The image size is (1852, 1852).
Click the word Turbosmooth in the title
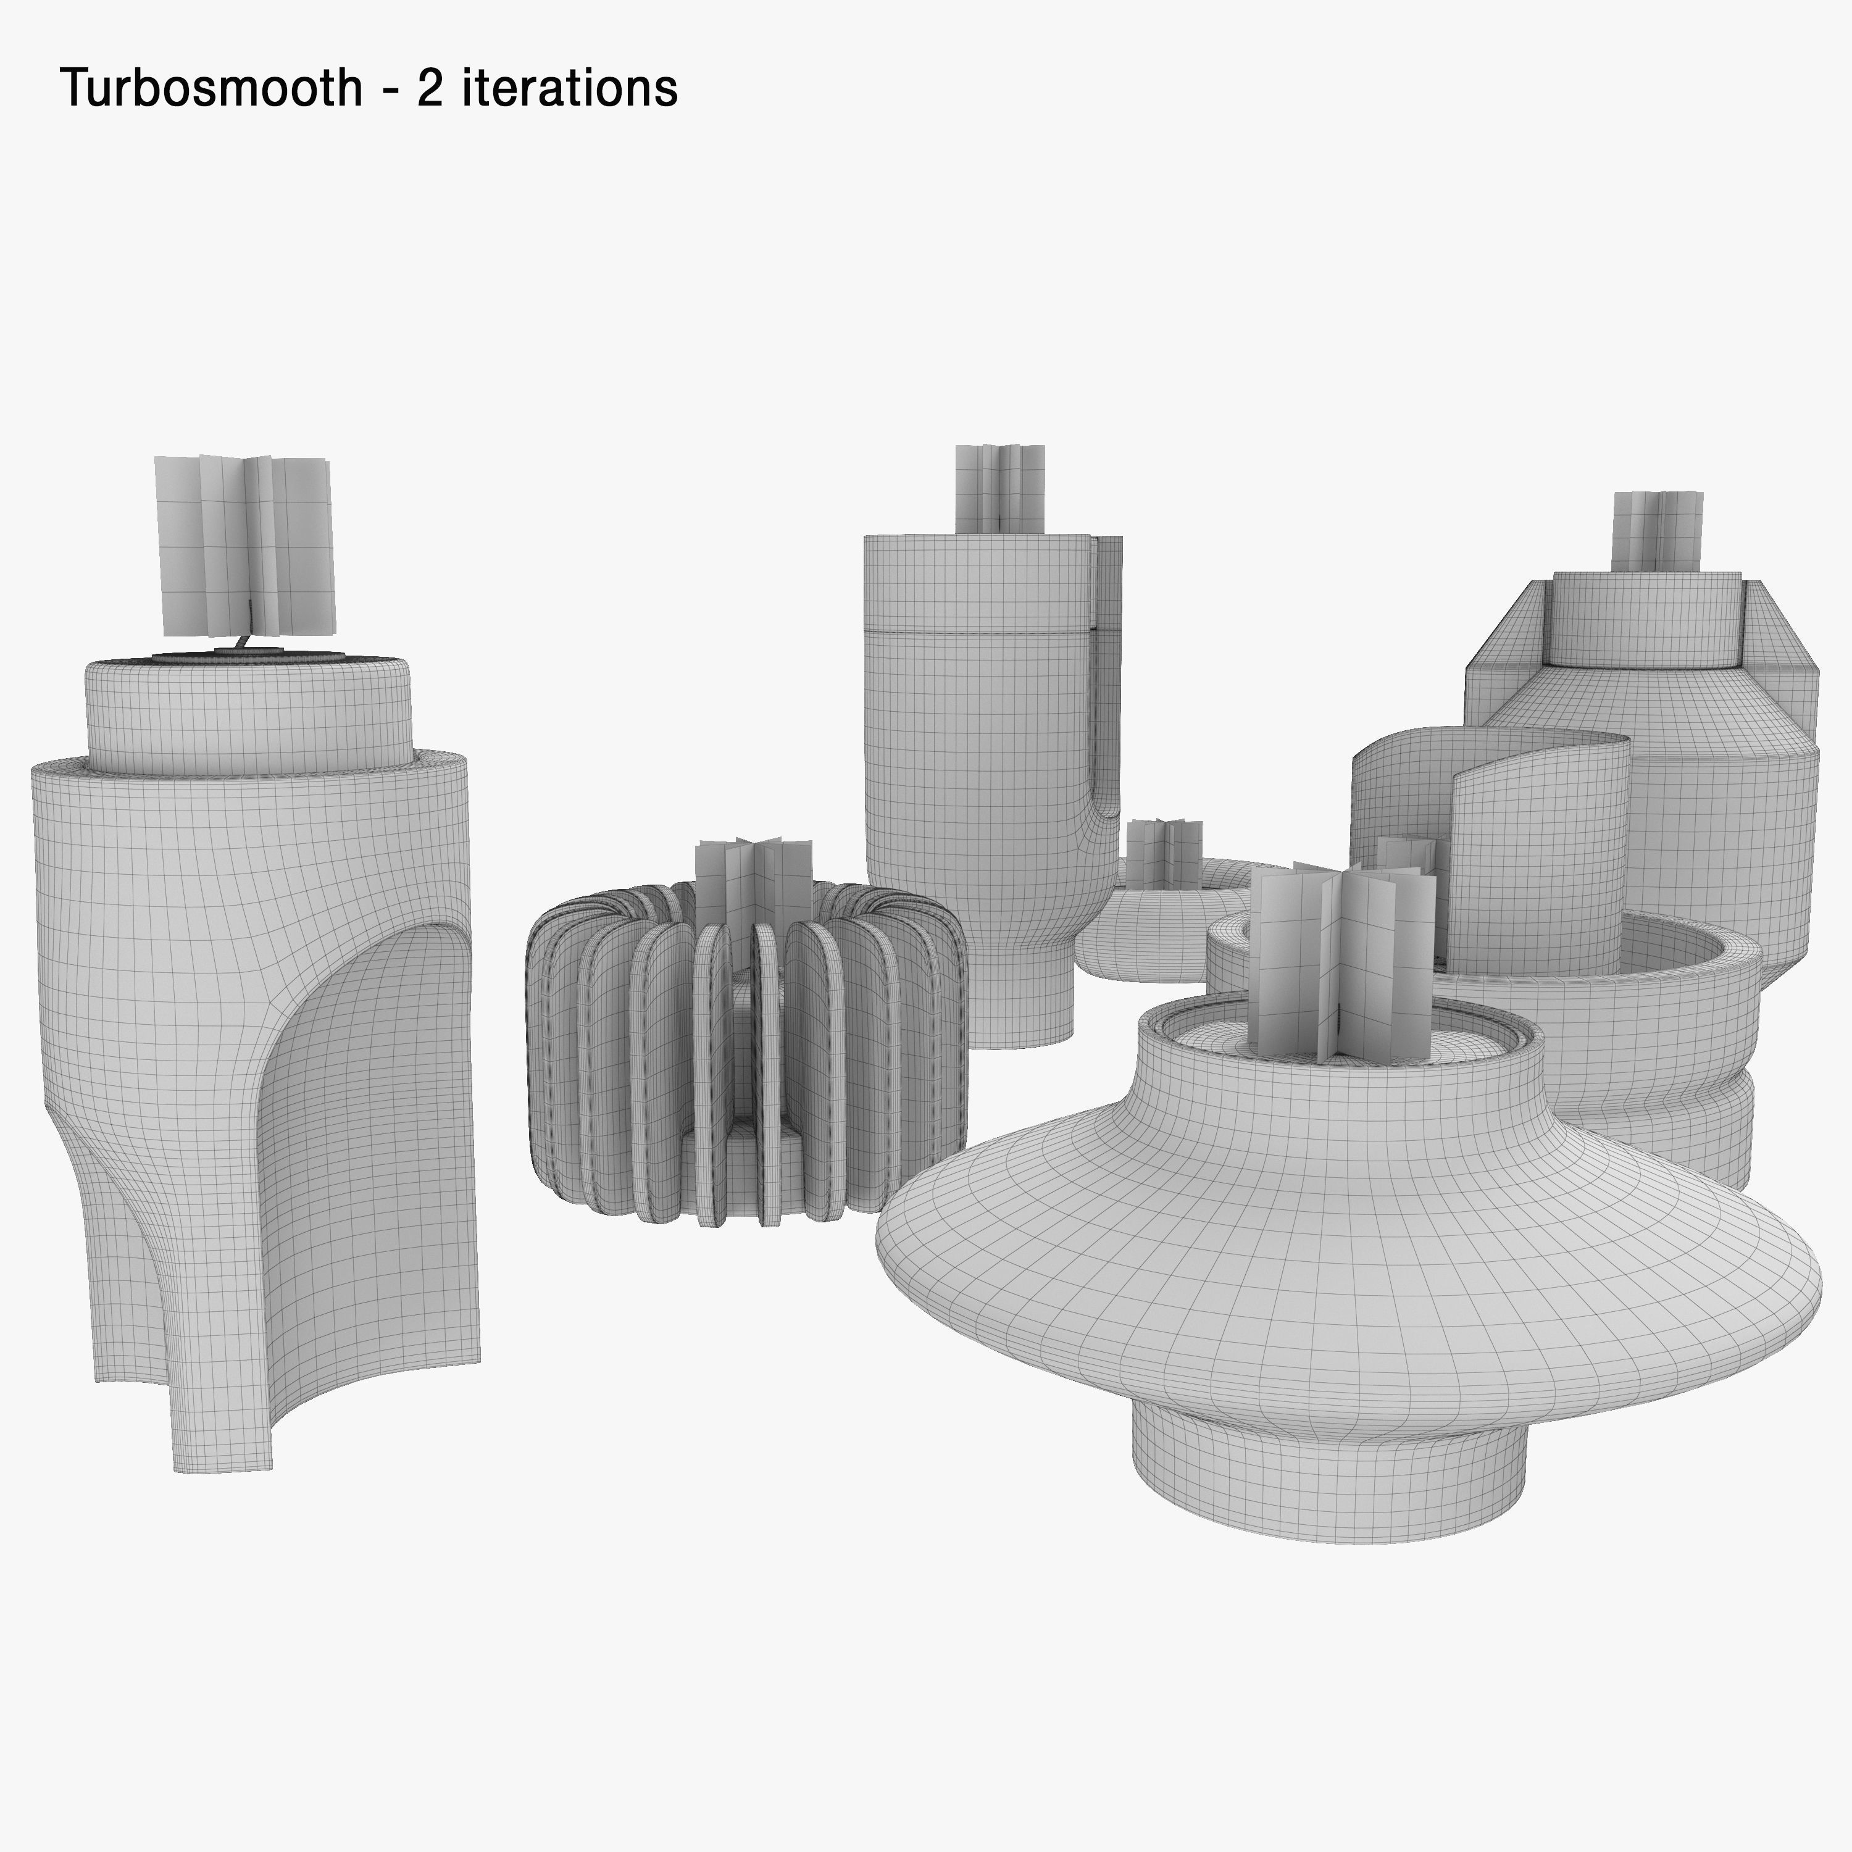[211, 88]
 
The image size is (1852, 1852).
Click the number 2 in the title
[428, 88]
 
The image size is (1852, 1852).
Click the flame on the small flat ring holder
[1163, 853]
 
